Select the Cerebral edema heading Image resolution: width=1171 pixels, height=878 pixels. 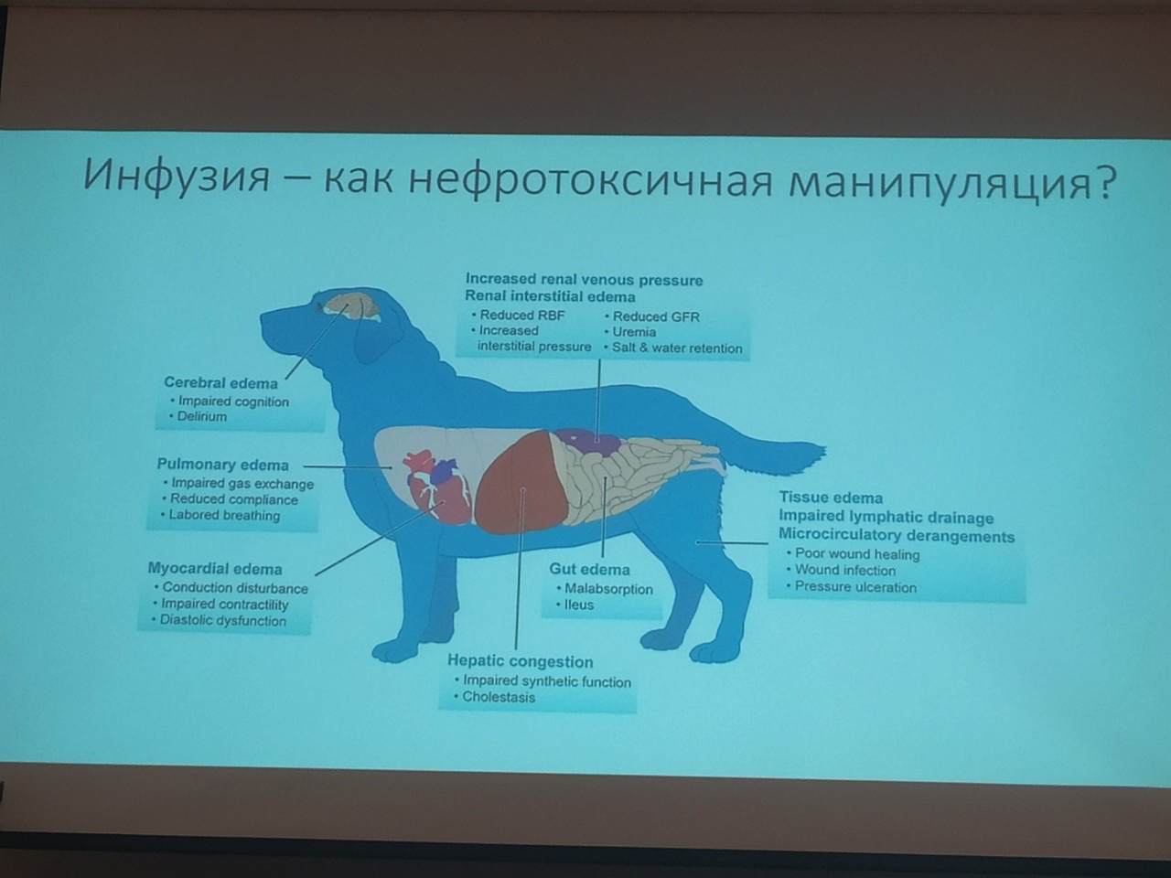pyautogui.click(x=220, y=383)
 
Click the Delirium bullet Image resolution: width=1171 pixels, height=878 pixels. pyautogui.click(x=201, y=416)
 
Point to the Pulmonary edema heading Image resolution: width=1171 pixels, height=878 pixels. pyautogui.click(x=222, y=465)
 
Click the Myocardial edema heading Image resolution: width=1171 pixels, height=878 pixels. pyautogui.click(x=215, y=569)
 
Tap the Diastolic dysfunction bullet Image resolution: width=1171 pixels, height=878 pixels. pyautogui.click(x=220, y=620)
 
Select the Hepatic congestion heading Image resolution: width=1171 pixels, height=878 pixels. pyautogui.click(x=521, y=661)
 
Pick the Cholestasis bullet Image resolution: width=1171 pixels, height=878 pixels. pyautogui.click(x=495, y=697)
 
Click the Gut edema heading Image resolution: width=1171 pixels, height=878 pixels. pyautogui.click(x=589, y=570)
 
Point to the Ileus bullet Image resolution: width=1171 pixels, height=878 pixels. pyautogui.click(x=575, y=605)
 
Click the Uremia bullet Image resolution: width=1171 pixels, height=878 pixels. pyautogui.click(x=630, y=332)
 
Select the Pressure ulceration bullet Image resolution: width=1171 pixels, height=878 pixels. pyautogui.click(x=852, y=587)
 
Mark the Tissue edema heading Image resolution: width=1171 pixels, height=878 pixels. pyautogui.click(x=831, y=498)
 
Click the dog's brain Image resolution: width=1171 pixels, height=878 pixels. pyautogui.click(x=352, y=308)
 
